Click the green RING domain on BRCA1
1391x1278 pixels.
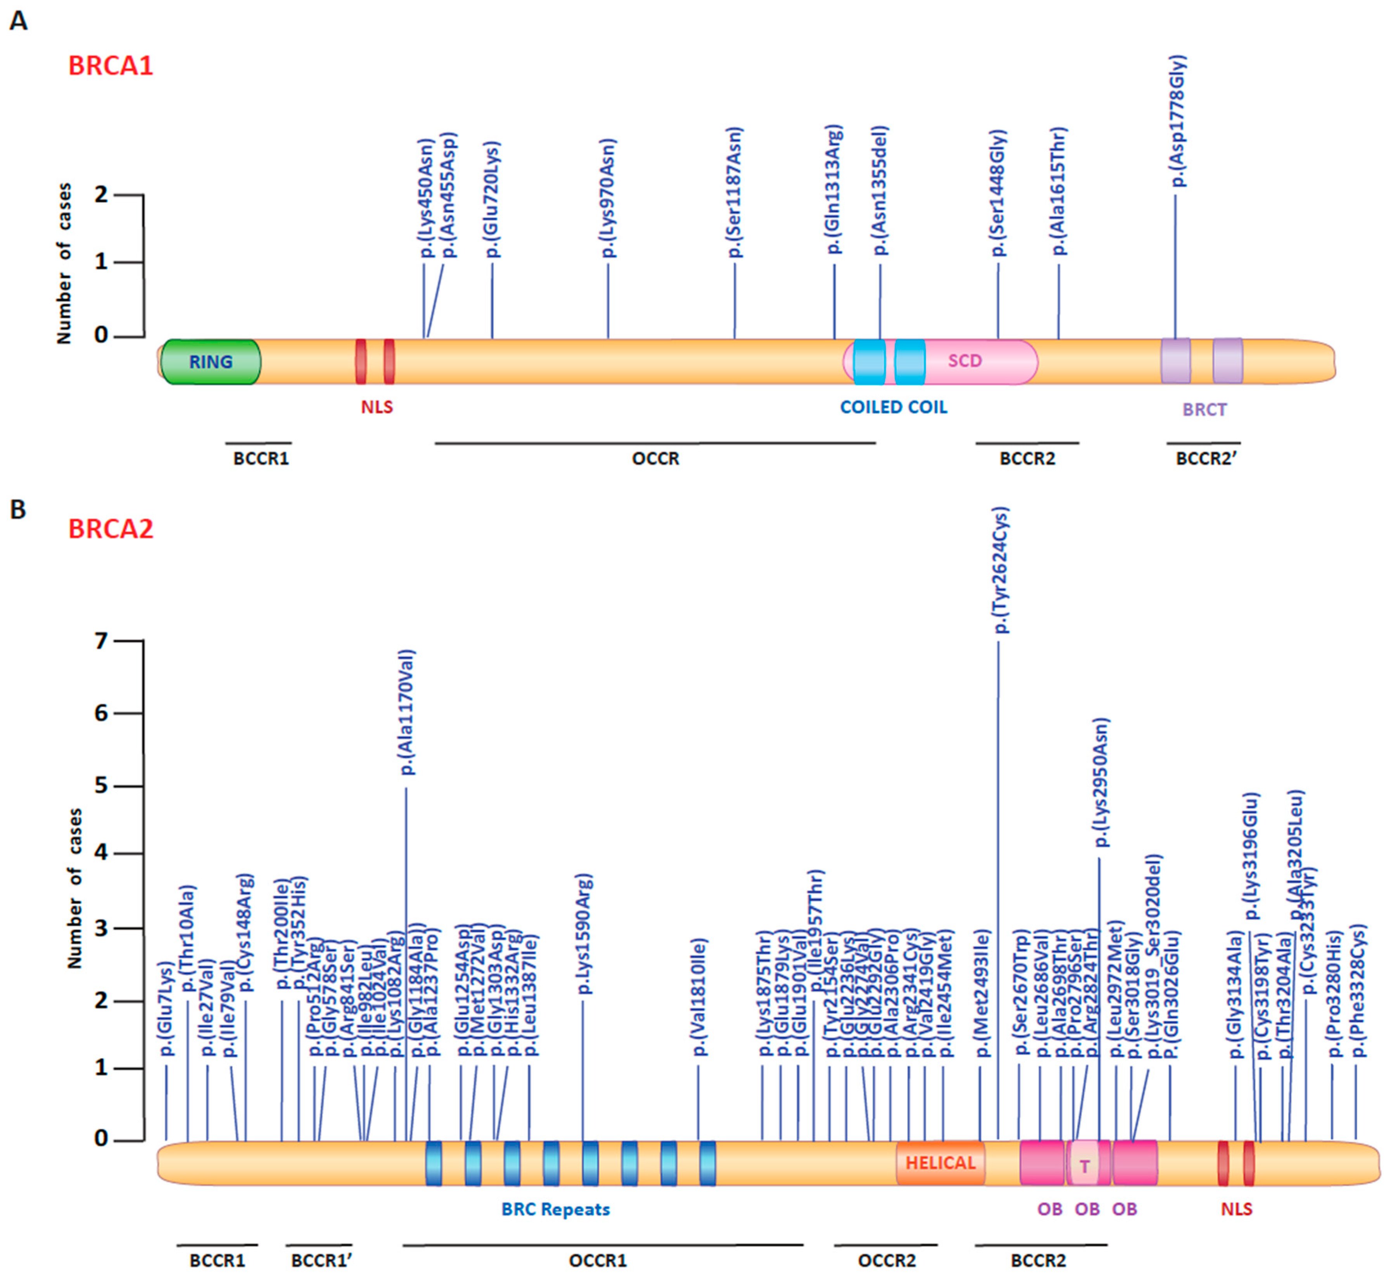(x=211, y=362)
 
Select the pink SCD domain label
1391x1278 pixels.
(x=964, y=361)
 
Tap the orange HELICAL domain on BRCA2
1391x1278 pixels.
(x=940, y=1163)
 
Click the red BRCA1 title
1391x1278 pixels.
(x=111, y=66)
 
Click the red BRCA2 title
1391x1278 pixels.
(x=111, y=529)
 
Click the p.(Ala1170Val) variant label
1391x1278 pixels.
(x=408, y=712)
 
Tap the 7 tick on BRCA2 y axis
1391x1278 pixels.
(x=102, y=641)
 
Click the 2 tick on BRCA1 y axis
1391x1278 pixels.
(x=102, y=194)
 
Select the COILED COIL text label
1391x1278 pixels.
(x=893, y=407)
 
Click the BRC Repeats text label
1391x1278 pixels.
(x=556, y=1209)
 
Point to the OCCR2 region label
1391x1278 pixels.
(x=886, y=1261)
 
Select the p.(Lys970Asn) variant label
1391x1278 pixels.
(x=608, y=199)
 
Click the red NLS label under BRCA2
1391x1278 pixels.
(x=1236, y=1209)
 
